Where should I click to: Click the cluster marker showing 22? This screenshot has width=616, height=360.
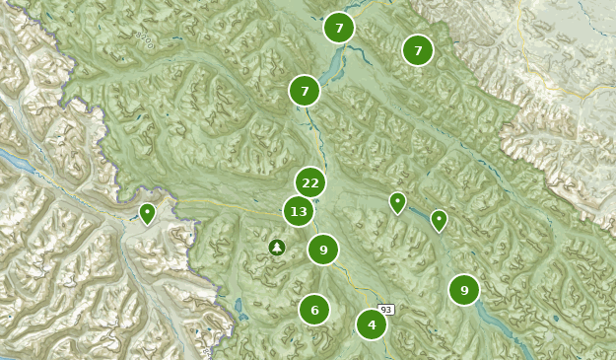pos(310,182)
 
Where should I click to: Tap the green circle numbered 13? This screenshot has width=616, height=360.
pos(299,211)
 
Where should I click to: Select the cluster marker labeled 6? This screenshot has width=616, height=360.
pos(314,310)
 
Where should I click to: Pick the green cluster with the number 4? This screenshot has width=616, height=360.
pos(372,324)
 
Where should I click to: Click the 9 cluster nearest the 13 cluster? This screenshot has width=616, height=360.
pos(323,250)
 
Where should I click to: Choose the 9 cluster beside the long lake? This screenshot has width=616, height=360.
pos(464,290)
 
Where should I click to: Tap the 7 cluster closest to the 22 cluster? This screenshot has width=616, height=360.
pos(305,91)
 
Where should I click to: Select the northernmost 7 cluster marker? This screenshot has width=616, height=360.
pos(339,28)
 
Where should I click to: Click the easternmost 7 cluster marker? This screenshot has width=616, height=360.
pos(418,49)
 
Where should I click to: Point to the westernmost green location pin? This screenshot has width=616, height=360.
pos(147,212)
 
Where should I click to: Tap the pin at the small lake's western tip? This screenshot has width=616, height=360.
pos(397,202)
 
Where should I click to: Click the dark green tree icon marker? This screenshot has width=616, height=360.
pos(277,248)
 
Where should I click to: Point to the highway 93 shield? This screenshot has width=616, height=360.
pos(386,310)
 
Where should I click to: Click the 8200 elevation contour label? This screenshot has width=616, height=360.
pos(145,39)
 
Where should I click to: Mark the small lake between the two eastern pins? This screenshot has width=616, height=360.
pos(417,213)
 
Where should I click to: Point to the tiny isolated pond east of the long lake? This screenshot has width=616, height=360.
pos(555,318)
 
